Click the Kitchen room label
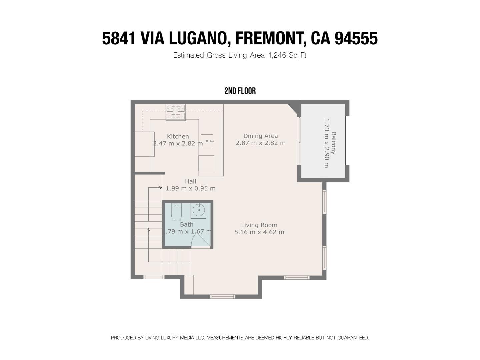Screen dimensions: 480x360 click(x=178, y=136)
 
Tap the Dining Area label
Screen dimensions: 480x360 click(x=260, y=136)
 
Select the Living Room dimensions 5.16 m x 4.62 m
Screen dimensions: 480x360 click(x=259, y=232)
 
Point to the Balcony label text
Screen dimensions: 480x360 click(x=333, y=143)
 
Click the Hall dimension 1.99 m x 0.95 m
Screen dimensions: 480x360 click(x=190, y=188)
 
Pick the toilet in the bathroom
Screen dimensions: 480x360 click(x=176, y=212)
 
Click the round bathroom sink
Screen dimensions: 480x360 click(x=199, y=210)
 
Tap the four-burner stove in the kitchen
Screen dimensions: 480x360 click(x=176, y=112)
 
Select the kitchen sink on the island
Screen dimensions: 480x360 click(x=207, y=141)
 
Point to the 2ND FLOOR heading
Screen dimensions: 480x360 click(x=240, y=91)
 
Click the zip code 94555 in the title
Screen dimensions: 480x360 click(x=356, y=38)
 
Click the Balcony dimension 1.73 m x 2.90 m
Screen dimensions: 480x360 click(x=326, y=143)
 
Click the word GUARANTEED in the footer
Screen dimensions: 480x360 click(x=353, y=338)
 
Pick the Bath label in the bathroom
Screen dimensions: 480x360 click(x=187, y=224)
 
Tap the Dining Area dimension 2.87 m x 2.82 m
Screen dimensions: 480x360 click(x=260, y=143)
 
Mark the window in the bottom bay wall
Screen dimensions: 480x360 click(x=223, y=297)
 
